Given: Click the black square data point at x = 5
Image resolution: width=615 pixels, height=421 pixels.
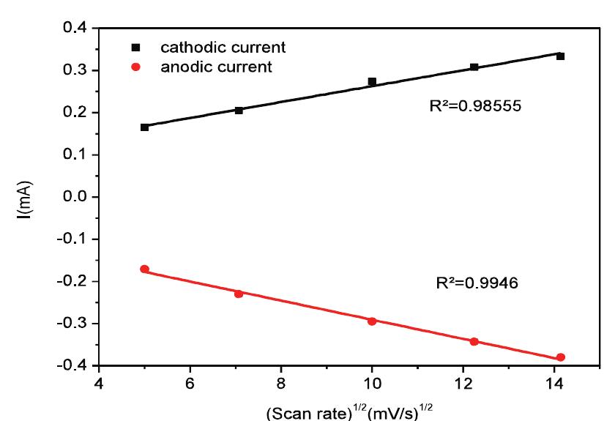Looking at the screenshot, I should pyautogui.click(x=144, y=127).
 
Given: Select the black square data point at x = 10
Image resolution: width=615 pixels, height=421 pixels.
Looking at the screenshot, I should pyautogui.click(x=372, y=81).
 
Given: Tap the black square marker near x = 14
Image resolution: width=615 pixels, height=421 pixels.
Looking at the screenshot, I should pyautogui.click(x=560, y=56).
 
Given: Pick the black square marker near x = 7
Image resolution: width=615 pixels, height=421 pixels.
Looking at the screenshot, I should pyautogui.click(x=239, y=110).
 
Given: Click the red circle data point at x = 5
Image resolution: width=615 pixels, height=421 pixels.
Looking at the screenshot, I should pyautogui.click(x=144, y=269).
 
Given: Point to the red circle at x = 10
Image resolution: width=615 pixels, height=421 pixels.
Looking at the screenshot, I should pyautogui.click(x=372, y=321).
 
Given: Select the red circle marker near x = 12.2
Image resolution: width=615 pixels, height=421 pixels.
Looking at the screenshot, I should pyautogui.click(x=474, y=341).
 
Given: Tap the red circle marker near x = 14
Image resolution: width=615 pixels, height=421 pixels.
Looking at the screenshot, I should pyautogui.click(x=561, y=357).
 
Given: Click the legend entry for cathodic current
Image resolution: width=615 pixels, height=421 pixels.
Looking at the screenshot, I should pyautogui.click(x=213, y=48).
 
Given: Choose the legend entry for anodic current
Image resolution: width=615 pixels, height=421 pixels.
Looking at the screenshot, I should pyautogui.click(x=209, y=67).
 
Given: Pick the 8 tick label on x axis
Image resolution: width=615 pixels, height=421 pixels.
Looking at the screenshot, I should pyautogui.click(x=280, y=381).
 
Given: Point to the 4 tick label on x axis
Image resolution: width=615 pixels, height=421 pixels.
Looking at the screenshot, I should pyautogui.click(x=99, y=381).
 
